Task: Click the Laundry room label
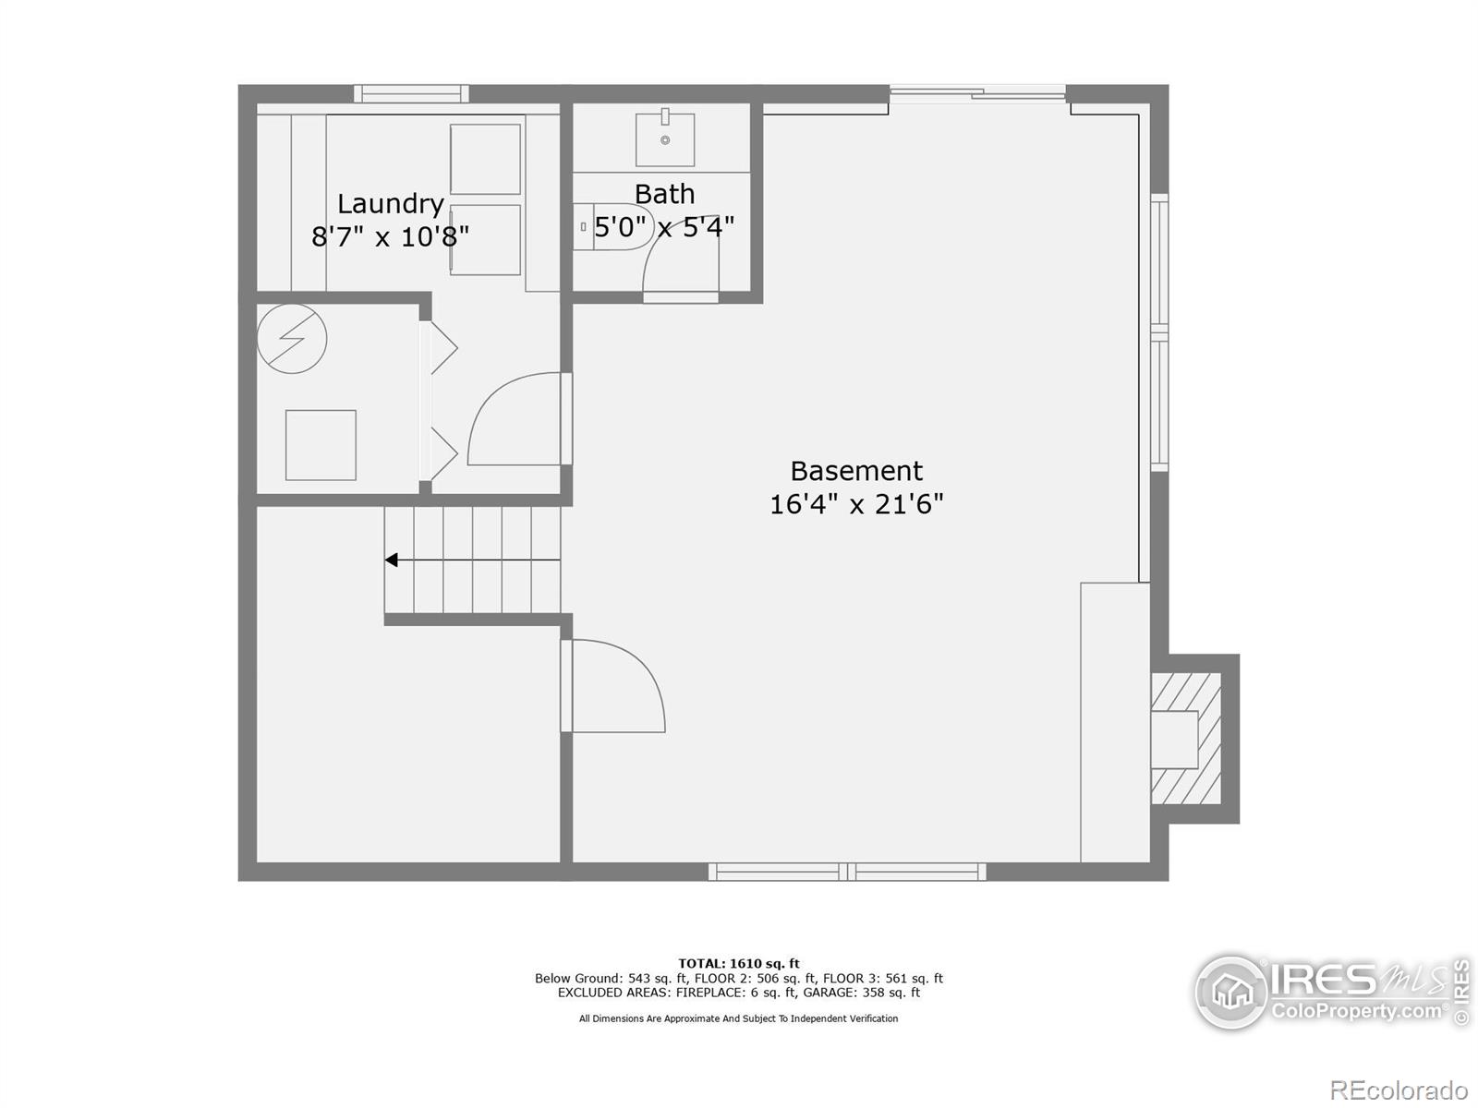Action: pyautogui.click(x=390, y=203)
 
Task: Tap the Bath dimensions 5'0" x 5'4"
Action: pyautogui.click(x=664, y=226)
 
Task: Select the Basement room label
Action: pyautogui.click(x=855, y=471)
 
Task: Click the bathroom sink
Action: pyautogui.click(x=664, y=137)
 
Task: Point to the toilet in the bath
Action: pyautogui.click(x=610, y=226)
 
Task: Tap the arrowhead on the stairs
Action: pyautogui.click(x=392, y=560)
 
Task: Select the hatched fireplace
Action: pyautogui.click(x=1186, y=739)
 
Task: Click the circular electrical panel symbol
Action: pyautogui.click(x=292, y=338)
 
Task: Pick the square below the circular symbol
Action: pyautogui.click(x=321, y=445)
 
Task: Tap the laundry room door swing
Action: pyautogui.click(x=517, y=420)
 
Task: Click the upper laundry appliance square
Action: pyautogui.click(x=485, y=159)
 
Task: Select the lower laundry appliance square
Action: pyautogui.click(x=485, y=240)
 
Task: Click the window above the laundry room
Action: pyautogui.click(x=411, y=93)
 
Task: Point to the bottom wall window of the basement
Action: pyautogui.click(x=847, y=872)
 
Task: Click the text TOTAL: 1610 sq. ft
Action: pyautogui.click(x=739, y=963)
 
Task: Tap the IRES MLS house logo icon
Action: pyautogui.click(x=1231, y=993)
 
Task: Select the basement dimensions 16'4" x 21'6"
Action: pyautogui.click(x=855, y=504)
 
